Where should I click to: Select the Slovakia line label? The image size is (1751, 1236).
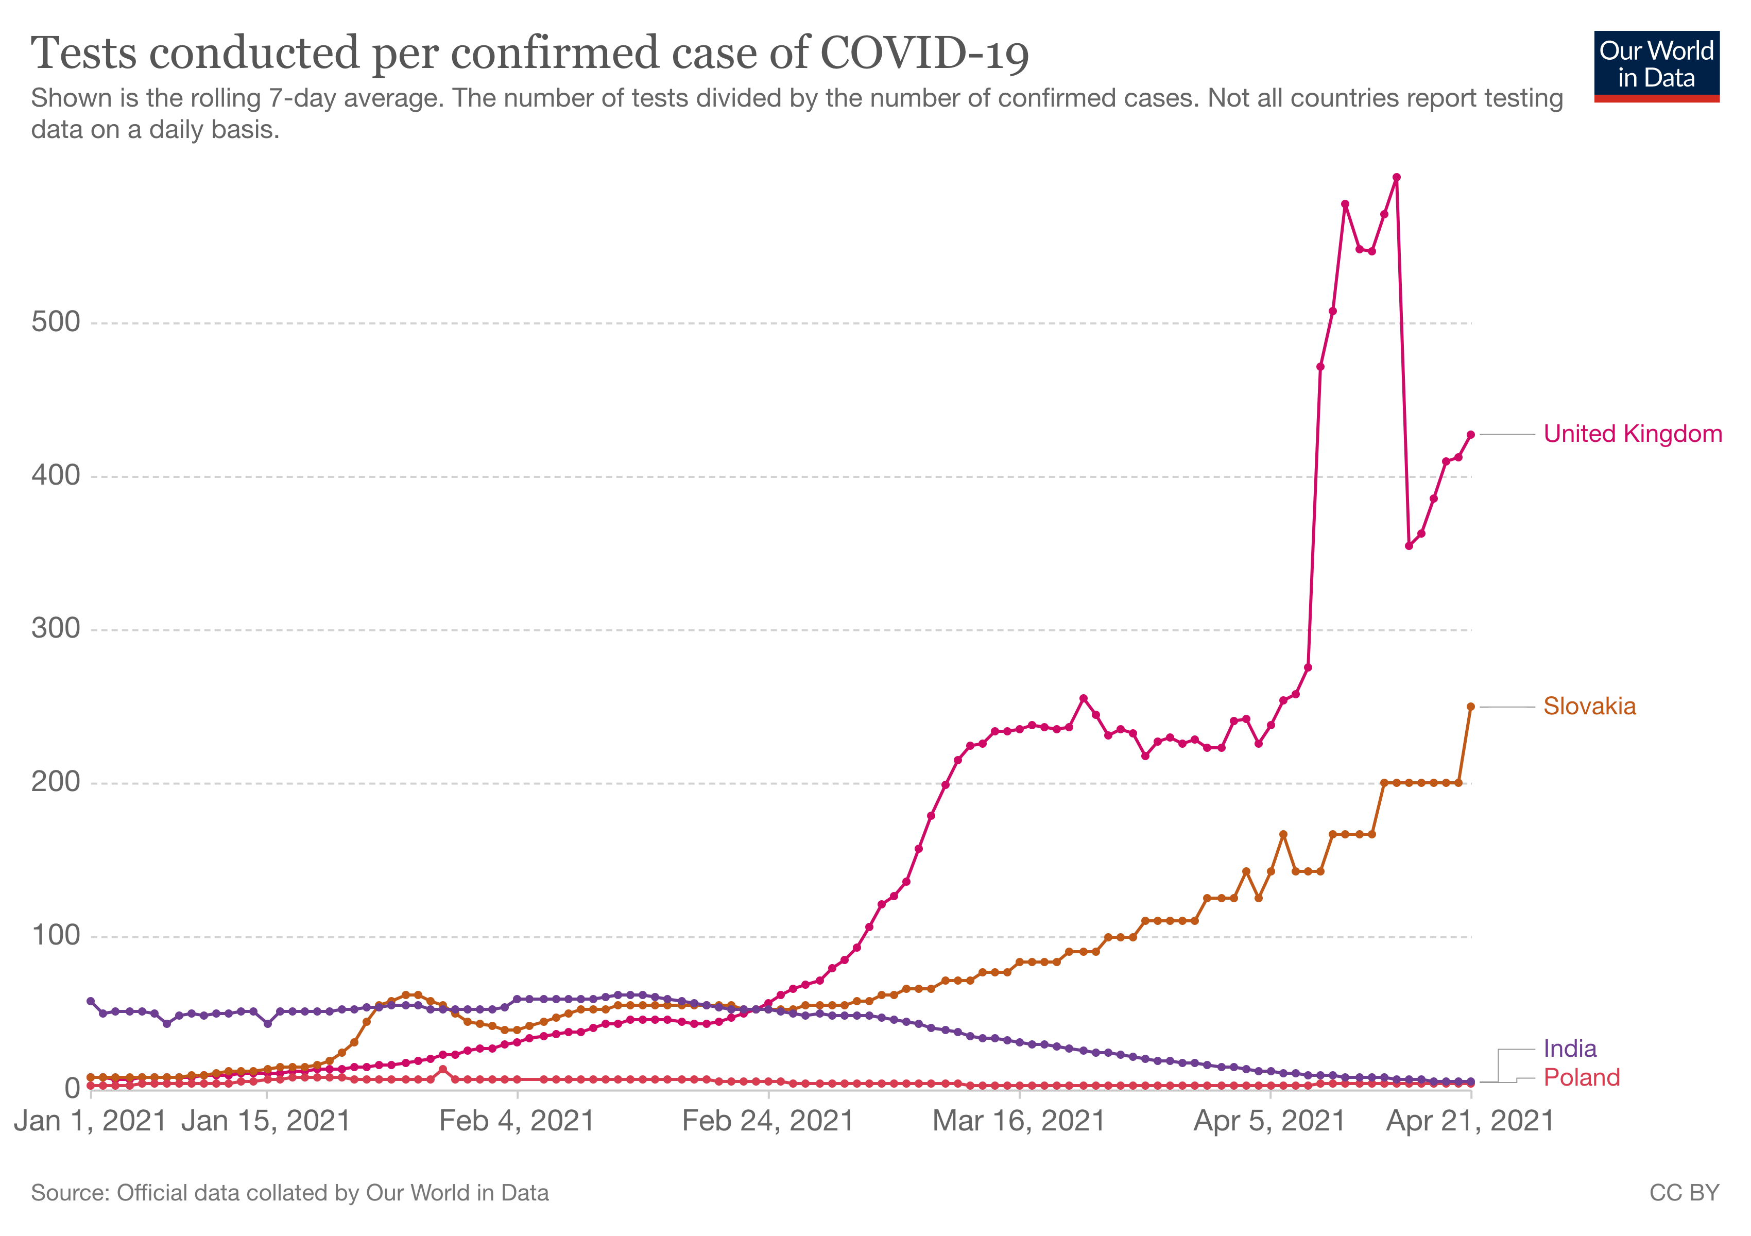1589,706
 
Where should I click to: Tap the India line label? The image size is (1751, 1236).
1570,1049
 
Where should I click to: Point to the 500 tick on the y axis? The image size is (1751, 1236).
56,322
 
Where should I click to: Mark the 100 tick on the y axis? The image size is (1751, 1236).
56,936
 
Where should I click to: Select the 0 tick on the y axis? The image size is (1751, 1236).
73,1088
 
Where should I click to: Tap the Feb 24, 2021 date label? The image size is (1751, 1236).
767,1121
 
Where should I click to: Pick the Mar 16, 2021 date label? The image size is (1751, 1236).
1019,1121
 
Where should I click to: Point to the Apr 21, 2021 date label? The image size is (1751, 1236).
1470,1121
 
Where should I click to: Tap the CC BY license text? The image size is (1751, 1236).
1684,1193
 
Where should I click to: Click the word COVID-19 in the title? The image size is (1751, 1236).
924,54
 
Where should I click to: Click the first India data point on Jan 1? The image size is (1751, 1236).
91,1001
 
